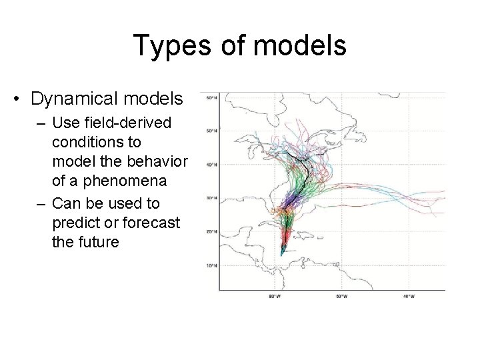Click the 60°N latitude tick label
[210, 97]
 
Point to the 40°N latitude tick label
[210, 165]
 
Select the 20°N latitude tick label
[210, 232]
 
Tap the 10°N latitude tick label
[210, 265]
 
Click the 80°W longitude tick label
[274, 295]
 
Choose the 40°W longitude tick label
[408, 295]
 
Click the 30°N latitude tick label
[210, 198]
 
